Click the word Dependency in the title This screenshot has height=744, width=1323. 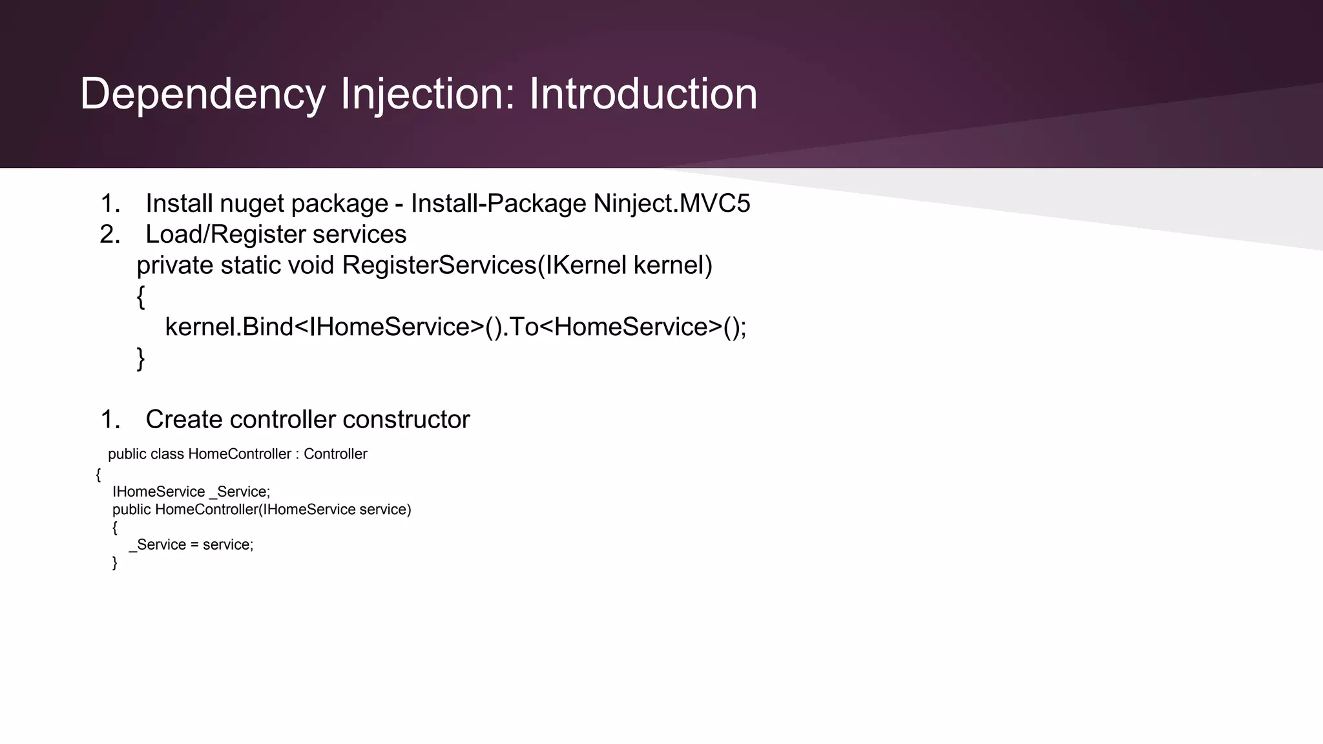point(203,95)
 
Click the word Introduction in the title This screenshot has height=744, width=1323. point(643,95)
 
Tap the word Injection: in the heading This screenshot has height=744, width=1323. point(428,95)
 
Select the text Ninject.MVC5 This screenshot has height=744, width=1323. point(672,204)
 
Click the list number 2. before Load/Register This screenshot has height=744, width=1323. point(110,234)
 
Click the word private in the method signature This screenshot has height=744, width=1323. point(174,265)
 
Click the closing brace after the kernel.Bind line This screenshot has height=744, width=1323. point(141,358)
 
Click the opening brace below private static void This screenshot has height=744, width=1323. point(141,297)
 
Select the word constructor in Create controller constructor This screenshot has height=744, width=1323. point(406,420)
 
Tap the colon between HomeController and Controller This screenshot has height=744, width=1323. point(297,455)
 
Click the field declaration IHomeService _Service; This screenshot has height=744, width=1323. point(191,492)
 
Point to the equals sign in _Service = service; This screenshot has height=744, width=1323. point(194,545)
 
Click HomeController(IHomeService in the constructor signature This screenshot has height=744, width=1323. point(255,510)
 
